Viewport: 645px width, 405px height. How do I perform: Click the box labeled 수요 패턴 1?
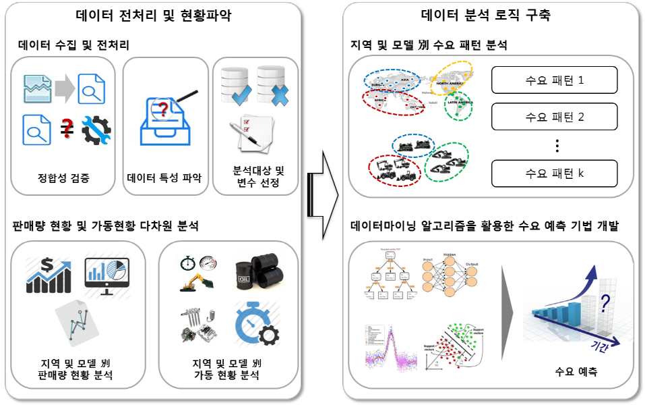pyautogui.click(x=554, y=80)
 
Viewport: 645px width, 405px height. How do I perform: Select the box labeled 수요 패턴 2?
pyautogui.click(x=554, y=116)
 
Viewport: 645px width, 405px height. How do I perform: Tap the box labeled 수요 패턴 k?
pyautogui.click(x=554, y=173)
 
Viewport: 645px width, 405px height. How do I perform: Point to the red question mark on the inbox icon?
pyautogui.click(x=162, y=107)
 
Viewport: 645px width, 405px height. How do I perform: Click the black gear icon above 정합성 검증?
pyautogui.click(x=96, y=130)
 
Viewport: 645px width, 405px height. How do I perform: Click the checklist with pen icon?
pyautogui.click(x=253, y=133)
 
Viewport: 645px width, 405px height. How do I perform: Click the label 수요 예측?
pyautogui.click(x=576, y=372)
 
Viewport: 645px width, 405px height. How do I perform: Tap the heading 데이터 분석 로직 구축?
pyautogui.click(x=486, y=15)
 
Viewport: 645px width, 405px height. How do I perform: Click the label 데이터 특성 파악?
pyautogui.click(x=164, y=180)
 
